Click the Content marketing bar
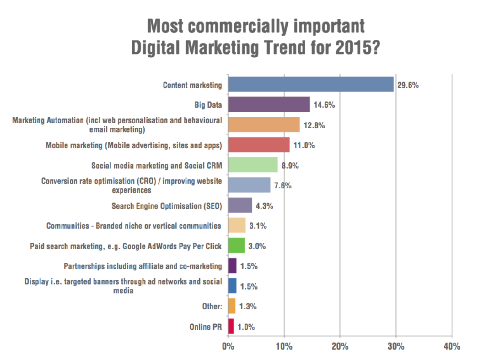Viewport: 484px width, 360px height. point(310,84)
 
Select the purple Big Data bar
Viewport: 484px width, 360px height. point(269,104)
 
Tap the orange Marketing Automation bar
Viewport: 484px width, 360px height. point(264,125)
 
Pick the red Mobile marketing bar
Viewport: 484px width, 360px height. point(259,145)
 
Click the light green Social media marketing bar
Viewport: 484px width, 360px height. point(253,165)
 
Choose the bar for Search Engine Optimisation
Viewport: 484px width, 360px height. point(240,205)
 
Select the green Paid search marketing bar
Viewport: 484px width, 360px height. point(236,245)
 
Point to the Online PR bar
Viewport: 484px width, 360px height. point(231,326)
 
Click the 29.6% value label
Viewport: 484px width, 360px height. point(408,85)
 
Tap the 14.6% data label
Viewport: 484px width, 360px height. point(324,105)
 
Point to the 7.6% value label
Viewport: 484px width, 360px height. point(282,186)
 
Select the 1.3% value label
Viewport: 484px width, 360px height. point(248,306)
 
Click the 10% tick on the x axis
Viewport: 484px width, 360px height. point(284,346)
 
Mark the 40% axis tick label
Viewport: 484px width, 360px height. point(452,346)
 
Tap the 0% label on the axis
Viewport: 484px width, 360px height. point(228,346)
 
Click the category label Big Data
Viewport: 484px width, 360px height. point(208,105)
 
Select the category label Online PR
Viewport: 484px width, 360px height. point(206,327)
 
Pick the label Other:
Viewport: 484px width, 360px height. point(212,306)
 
